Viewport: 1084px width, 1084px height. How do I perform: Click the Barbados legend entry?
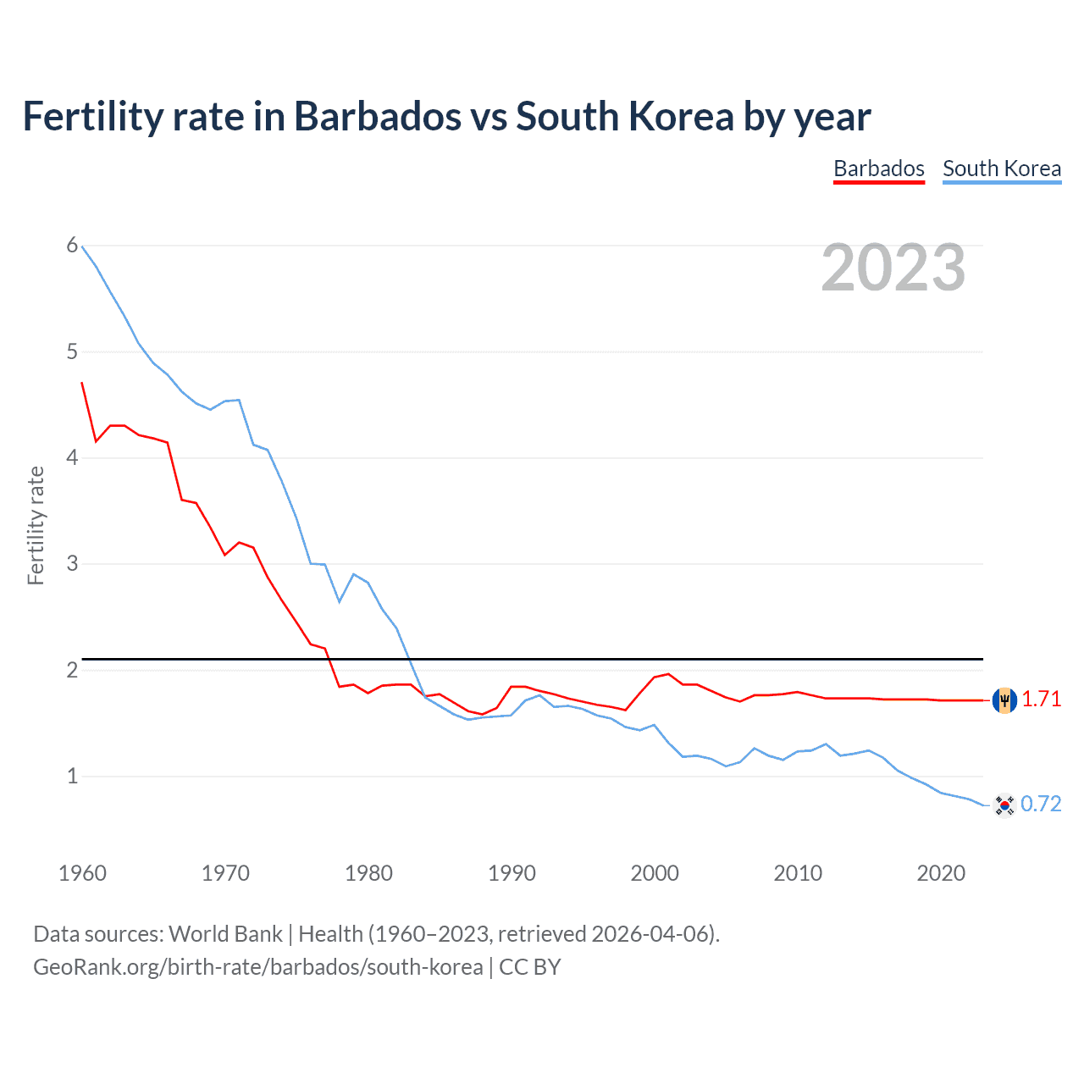[878, 169]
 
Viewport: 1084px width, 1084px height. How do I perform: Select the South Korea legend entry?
[1001, 169]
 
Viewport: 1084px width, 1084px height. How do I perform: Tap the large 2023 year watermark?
[893, 268]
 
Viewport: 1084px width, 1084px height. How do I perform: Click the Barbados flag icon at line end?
[1004, 700]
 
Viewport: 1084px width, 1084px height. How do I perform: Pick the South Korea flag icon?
[1004, 805]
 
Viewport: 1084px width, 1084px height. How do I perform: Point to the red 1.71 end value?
[1041, 700]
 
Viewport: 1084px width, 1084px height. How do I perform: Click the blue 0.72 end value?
[1041, 805]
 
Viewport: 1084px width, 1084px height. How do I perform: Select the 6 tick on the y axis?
[72, 246]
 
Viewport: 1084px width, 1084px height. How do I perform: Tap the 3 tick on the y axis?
[72, 563]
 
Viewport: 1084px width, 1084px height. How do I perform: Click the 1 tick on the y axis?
[72, 776]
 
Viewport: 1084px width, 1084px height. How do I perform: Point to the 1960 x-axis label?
[82, 873]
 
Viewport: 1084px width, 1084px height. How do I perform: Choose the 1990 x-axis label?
[512, 873]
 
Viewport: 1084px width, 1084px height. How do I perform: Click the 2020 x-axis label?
[941, 873]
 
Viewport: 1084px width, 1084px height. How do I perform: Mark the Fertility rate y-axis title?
[36, 525]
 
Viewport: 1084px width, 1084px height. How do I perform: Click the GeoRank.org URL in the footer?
[257, 967]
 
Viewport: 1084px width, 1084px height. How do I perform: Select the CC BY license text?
[530, 967]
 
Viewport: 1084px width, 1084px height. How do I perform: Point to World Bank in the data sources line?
[225, 934]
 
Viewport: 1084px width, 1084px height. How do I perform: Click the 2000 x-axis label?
[655, 873]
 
